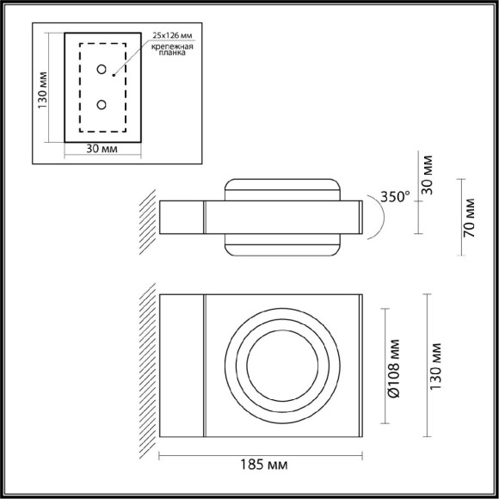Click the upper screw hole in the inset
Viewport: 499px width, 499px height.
point(102,70)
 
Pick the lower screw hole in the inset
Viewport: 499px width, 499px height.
point(102,105)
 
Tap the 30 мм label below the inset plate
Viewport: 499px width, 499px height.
point(102,149)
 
